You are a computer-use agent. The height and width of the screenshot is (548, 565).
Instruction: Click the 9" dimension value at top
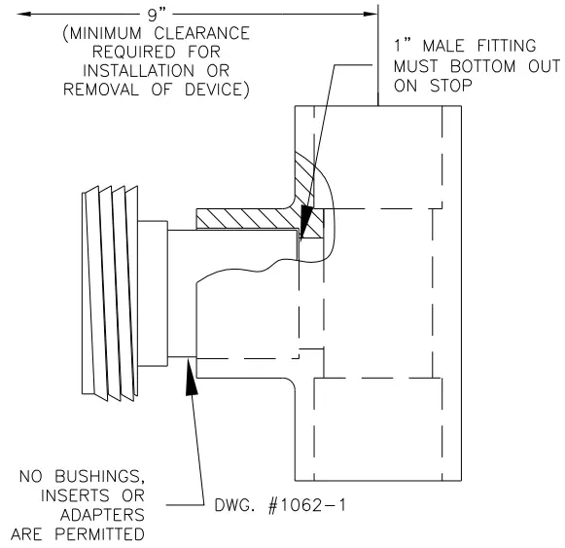[x=157, y=14]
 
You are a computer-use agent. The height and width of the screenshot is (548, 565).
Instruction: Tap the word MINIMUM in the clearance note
[x=105, y=33]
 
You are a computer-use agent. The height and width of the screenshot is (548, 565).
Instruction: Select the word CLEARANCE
[x=202, y=33]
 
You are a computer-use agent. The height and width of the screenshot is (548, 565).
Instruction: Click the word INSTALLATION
[x=138, y=71]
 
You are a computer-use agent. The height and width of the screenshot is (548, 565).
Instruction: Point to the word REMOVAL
[x=101, y=90]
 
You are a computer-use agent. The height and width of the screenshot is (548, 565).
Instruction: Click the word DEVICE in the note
[x=214, y=90]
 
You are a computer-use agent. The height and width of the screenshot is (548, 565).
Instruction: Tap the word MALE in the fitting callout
[x=443, y=46]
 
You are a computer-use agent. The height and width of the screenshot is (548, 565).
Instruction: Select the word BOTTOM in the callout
[x=483, y=66]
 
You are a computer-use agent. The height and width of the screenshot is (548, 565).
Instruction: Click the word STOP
[x=451, y=86]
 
